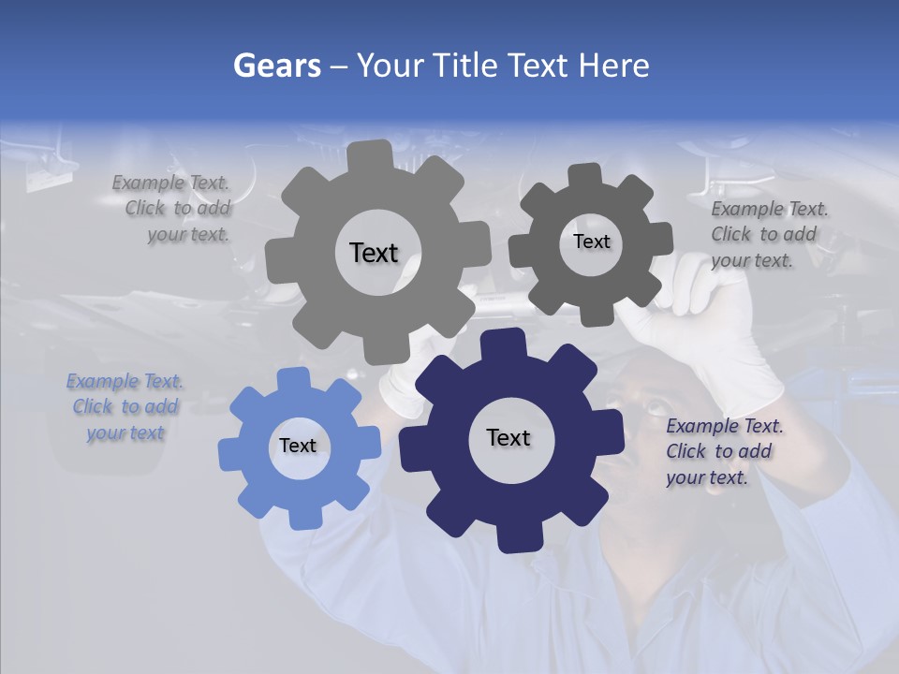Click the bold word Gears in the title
277,66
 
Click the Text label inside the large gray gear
374,253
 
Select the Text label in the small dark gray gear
591,242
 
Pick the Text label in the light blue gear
298,447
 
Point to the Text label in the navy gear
508,438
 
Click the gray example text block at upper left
174,209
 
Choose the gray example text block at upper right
768,234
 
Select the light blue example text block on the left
125,407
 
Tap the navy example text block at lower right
723,451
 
